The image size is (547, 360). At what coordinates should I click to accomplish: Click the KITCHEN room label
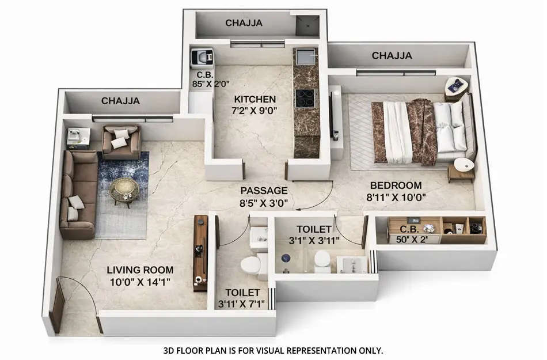(x=254, y=99)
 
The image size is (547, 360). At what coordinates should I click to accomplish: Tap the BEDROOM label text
(x=396, y=185)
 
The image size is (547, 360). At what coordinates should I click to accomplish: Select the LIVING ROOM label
(x=140, y=270)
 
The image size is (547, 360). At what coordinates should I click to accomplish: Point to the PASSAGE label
(x=264, y=191)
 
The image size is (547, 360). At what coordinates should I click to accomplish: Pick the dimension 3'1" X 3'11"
(x=314, y=240)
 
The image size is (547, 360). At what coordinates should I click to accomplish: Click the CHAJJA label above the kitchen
(x=244, y=23)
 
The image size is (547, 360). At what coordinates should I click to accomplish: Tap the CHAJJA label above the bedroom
(x=392, y=56)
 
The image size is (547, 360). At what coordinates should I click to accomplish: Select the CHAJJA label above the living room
(x=120, y=101)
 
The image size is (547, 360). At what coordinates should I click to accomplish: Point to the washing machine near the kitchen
(x=202, y=59)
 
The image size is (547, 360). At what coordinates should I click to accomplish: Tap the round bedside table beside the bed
(x=462, y=166)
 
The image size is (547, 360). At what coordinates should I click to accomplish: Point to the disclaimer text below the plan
(x=273, y=350)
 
